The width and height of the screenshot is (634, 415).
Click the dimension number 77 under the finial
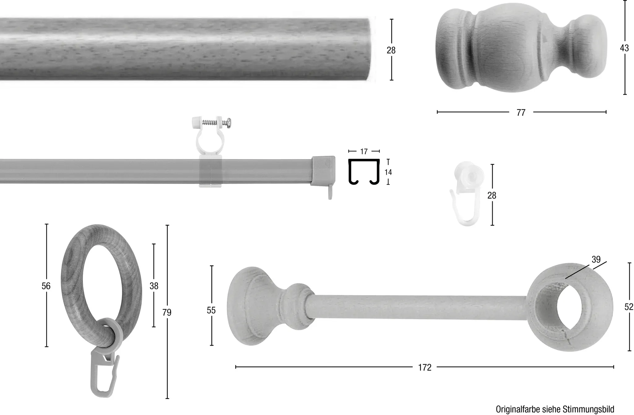(521, 112)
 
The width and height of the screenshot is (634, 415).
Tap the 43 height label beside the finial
(624, 48)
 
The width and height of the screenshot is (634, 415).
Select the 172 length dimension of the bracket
(425, 367)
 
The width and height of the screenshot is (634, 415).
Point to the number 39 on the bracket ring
(596, 260)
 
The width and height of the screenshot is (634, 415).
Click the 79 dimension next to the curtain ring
(167, 313)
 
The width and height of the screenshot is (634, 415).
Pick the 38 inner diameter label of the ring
(154, 286)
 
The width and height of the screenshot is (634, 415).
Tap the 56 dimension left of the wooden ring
(46, 286)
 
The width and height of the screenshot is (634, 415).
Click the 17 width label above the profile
(364, 151)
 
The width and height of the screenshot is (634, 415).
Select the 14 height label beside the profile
(388, 172)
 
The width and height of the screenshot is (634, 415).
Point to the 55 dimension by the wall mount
(211, 310)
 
